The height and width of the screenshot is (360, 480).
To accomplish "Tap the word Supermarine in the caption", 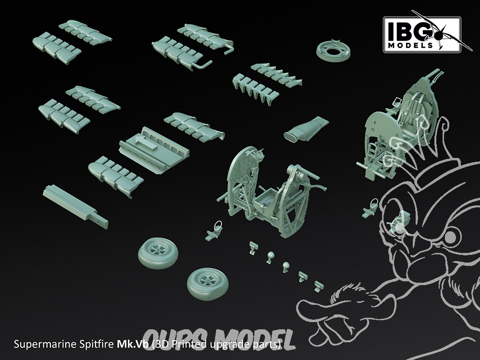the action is (45, 345).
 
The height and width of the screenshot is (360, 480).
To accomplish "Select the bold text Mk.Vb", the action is (132, 344).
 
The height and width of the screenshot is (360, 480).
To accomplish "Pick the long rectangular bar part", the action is (76, 206).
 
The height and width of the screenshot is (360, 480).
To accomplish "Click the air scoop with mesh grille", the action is (306, 129).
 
